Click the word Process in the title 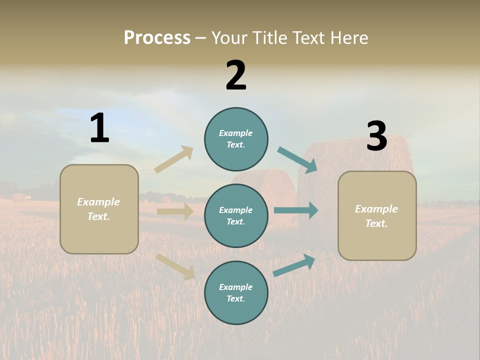(x=157, y=38)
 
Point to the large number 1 (x=99, y=128)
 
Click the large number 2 (x=236, y=75)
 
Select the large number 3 (x=376, y=136)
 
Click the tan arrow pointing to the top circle (x=173, y=159)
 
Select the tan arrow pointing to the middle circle (x=175, y=211)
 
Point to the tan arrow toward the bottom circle (x=175, y=266)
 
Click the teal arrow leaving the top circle (x=297, y=160)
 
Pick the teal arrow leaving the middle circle (x=296, y=210)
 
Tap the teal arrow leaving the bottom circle (x=294, y=265)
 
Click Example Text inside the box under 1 (x=98, y=209)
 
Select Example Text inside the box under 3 (x=376, y=216)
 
